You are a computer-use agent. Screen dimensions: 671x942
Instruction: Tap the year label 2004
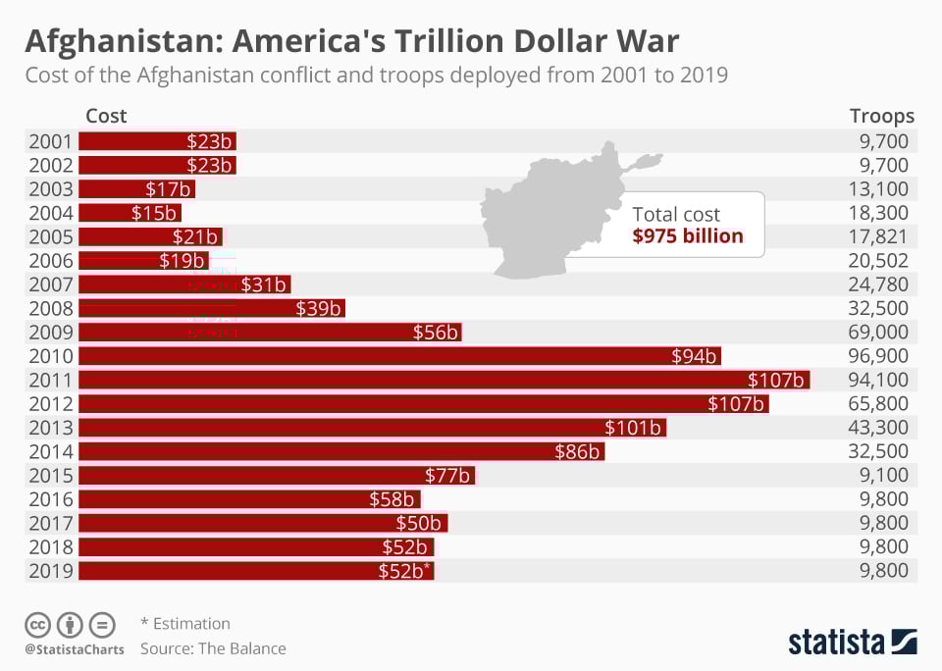tap(50, 213)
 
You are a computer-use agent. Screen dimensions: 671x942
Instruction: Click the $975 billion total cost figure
tap(688, 235)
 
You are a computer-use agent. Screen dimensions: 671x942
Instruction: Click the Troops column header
tap(881, 116)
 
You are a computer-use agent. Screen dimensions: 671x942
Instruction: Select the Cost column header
tap(106, 116)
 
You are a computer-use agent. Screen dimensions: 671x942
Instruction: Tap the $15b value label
tap(153, 213)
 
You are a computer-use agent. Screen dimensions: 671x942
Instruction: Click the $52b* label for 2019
tap(404, 571)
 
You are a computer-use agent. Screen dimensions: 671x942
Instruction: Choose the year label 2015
tap(50, 475)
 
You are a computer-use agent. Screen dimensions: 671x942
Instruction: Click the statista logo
tap(852, 643)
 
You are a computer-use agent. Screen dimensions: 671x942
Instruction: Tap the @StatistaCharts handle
tap(75, 649)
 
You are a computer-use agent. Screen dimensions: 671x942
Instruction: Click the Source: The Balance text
tap(213, 648)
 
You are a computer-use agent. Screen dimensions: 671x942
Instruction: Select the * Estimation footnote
tap(185, 623)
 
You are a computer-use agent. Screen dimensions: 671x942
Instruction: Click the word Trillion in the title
tap(448, 41)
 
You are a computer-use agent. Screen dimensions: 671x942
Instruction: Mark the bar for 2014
tap(340, 451)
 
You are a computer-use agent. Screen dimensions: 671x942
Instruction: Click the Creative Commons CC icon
tap(38, 624)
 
